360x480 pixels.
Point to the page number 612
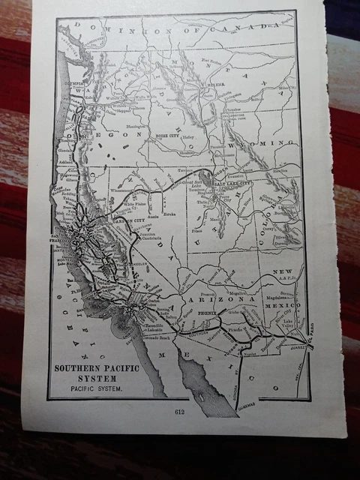point(178,412)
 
